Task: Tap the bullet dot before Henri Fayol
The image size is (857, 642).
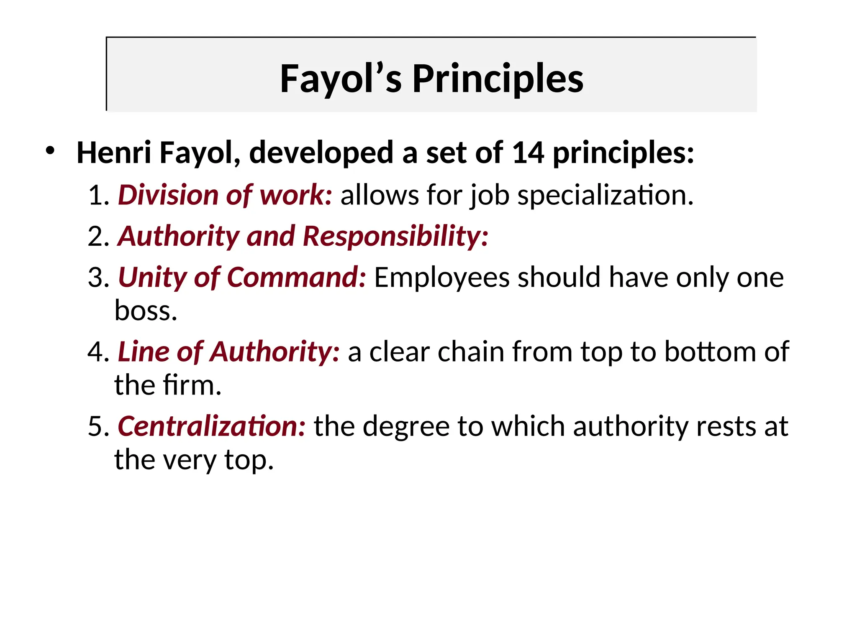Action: tap(50, 150)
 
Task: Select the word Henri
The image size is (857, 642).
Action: tap(114, 153)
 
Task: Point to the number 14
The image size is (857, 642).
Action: tap(528, 153)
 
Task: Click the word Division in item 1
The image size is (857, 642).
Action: tap(168, 195)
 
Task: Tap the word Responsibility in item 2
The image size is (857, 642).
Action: tap(395, 236)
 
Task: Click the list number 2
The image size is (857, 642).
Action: tap(98, 236)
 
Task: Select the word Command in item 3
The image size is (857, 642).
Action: tap(296, 277)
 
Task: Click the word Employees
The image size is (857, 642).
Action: tap(441, 278)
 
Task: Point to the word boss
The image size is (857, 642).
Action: tap(145, 311)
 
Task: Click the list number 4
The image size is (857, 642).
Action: tap(98, 352)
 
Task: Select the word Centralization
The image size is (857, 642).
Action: tap(211, 426)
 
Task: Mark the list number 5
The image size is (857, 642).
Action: tap(98, 426)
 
